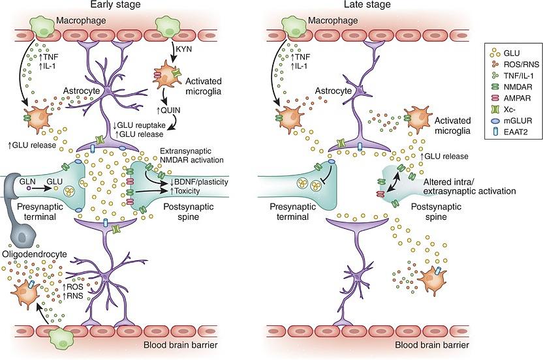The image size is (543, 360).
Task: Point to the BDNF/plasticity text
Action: pyautogui.click(x=198, y=181)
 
